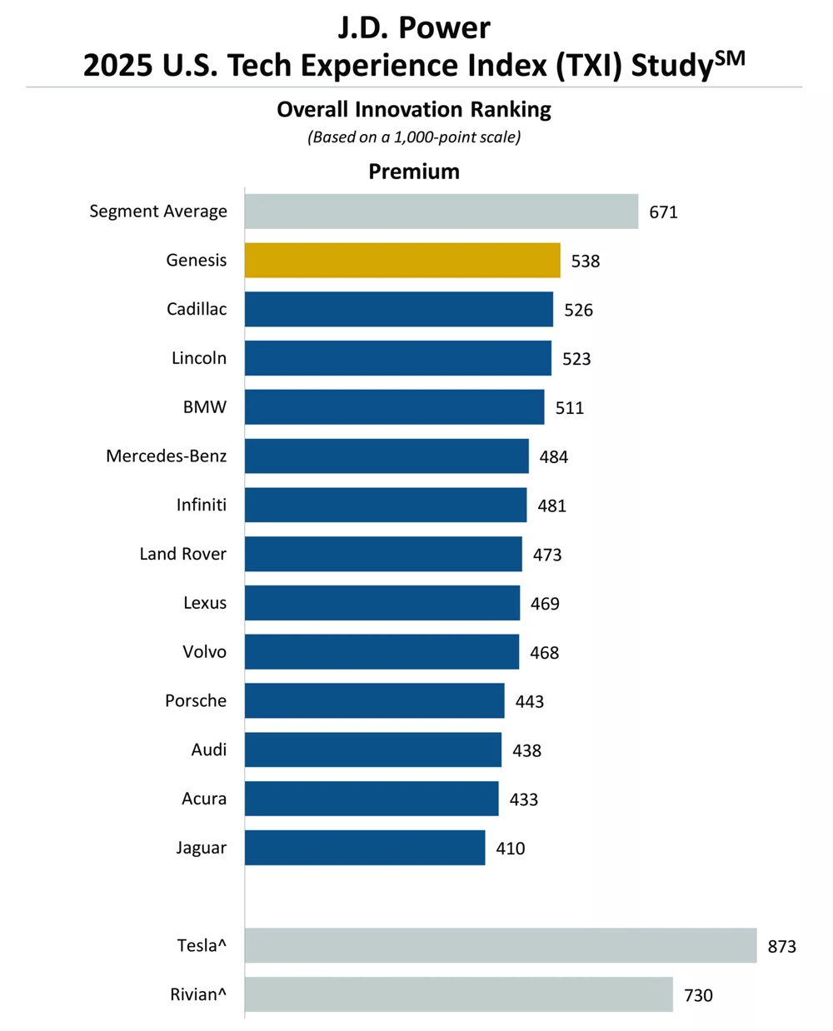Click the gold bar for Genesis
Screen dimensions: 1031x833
click(x=402, y=261)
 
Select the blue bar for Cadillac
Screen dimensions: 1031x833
click(x=399, y=309)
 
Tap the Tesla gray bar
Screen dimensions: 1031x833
click(x=501, y=945)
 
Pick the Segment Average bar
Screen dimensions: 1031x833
click(x=441, y=212)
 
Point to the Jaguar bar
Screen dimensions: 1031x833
click(x=365, y=848)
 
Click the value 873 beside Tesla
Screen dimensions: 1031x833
click(x=782, y=946)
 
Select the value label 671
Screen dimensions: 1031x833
click(x=664, y=212)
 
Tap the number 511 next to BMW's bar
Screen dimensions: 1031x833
click(x=570, y=408)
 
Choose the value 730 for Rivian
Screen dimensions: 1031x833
click(x=698, y=995)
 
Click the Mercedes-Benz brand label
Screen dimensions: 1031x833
click(x=167, y=456)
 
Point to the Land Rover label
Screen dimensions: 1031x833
click(x=183, y=554)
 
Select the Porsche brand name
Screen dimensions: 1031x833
click(x=196, y=700)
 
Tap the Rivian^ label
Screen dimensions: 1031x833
click(x=198, y=994)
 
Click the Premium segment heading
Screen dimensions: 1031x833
click(x=414, y=172)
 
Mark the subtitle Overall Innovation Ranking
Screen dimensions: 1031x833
click(x=414, y=110)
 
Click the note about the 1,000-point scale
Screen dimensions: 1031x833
click(x=414, y=137)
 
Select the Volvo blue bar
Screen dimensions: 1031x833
click(x=382, y=652)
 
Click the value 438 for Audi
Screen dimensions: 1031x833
click(x=527, y=750)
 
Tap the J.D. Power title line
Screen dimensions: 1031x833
click(x=414, y=28)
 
